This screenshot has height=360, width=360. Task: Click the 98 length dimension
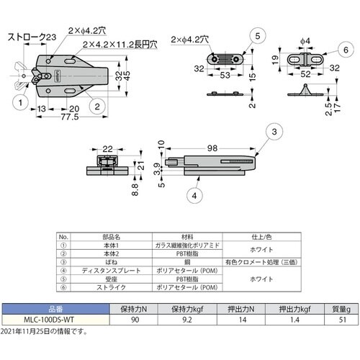211,148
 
